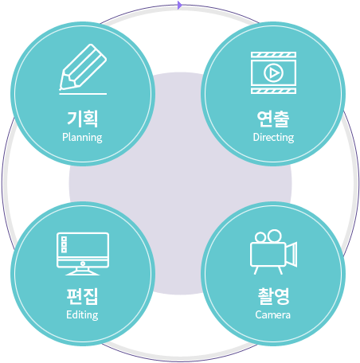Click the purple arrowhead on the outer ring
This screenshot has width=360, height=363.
point(180,5)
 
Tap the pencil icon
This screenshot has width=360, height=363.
point(83,67)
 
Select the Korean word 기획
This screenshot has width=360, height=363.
point(83,119)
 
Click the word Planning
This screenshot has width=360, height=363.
point(82,138)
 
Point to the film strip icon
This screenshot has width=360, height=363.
point(273,72)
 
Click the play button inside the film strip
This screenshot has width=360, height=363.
point(273,72)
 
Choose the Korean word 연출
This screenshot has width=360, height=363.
point(273,119)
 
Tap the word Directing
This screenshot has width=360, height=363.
point(273,138)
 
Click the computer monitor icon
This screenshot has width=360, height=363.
point(83,254)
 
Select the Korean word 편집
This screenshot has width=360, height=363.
point(82,296)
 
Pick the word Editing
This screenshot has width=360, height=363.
point(82,315)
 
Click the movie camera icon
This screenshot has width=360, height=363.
point(273,252)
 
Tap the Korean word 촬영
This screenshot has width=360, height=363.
point(273,296)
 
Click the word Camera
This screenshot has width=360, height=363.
point(272,315)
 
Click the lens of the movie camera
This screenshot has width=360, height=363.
point(292,254)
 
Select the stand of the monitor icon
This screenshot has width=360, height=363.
point(83,271)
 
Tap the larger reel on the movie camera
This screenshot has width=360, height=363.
point(274,236)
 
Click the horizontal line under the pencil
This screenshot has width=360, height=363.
point(83,94)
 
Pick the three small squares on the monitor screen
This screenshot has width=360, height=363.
point(64,244)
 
